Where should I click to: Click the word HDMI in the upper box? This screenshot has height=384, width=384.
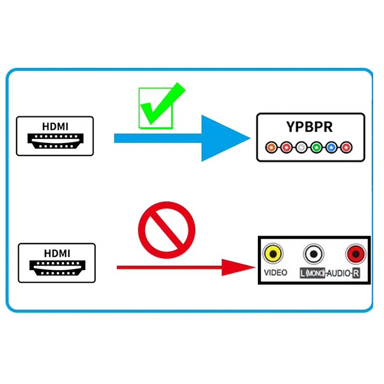[x=55, y=127]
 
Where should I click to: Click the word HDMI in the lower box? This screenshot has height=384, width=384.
[x=57, y=254]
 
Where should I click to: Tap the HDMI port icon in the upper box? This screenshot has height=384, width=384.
[x=56, y=141]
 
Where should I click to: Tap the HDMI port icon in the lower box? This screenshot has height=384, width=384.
[x=57, y=268]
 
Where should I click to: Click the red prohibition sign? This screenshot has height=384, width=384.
[x=167, y=230]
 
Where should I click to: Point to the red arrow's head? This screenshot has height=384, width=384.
[x=236, y=268]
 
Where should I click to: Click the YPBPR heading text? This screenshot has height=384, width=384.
[x=310, y=127]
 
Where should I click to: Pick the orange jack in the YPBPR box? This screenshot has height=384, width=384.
[x=271, y=147]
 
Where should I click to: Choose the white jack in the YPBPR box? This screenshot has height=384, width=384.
[x=301, y=147]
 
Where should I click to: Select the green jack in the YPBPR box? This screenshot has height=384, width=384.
[x=316, y=147]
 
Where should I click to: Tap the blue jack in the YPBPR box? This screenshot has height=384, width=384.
[x=331, y=147]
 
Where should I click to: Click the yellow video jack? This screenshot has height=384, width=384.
[x=273, y=254]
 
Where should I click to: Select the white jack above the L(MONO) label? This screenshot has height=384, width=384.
[x=314, y=254]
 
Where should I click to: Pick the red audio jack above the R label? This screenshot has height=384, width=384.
[x=356, y=254]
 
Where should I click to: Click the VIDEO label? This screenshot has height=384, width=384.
[x=276, y=272]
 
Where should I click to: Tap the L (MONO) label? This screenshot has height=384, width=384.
[x=312, y=273]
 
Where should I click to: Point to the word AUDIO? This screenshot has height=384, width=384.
[x=339, y=273]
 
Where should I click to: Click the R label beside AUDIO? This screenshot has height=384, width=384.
[x=356, y=273]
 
